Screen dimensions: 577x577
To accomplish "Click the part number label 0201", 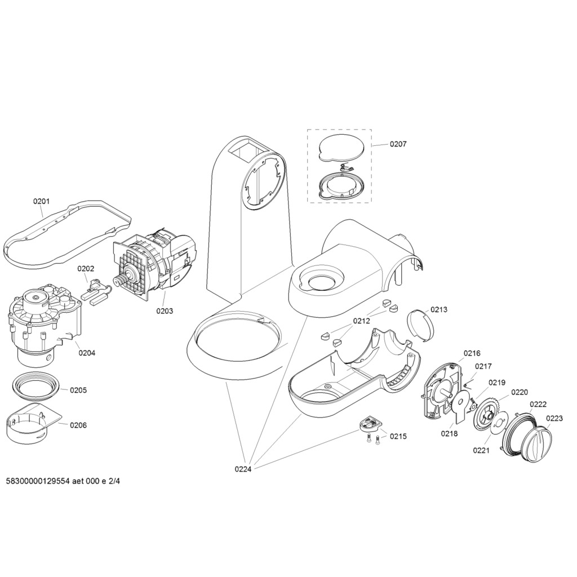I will (41, 201).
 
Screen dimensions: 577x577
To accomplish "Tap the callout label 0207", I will (398, 144).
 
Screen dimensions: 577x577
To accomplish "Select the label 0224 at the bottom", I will (243, 469).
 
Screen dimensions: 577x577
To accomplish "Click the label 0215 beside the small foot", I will (398, 436).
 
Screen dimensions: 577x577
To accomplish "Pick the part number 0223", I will (554, 418).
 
